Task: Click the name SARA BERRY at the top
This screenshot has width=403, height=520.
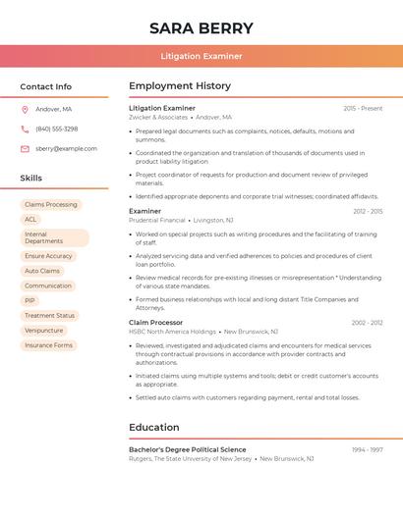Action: click(x=201, y=28)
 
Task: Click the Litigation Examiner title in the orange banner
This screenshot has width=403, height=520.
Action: click(x=201, y=56)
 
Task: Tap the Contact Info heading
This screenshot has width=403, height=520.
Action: click(x=46, y=86)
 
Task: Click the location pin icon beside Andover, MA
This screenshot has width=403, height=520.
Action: click(x=25, y=109)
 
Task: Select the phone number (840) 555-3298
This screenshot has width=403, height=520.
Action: click(x=56, y=129)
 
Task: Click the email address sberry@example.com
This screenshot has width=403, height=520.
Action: click(x=66, y=148)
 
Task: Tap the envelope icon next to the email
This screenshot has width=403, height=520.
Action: click(x=25, y=148)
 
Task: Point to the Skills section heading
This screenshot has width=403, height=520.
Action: click(x=31, y=178)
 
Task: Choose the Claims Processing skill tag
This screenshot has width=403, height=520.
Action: click(x=51, y=204)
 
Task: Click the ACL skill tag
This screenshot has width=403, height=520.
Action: click(x=30, y=219)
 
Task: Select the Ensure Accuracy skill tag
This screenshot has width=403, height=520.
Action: click(x=48, y=256)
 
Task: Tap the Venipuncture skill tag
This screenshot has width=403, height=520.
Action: click(x=44, y=331)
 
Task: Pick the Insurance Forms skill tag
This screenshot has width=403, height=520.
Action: click(x=49, y=345)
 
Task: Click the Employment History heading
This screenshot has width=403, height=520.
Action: click(x=180, y=86)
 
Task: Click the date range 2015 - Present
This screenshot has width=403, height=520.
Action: click(x=363, y=108)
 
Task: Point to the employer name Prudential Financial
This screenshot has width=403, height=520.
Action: click(x=157, y=221)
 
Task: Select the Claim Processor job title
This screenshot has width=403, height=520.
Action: click(x=156, y=322)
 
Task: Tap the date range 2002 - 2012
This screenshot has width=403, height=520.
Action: click(x=367, y=322)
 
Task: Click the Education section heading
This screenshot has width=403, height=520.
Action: click(x=154, y=427)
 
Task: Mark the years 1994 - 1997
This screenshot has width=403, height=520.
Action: click(x=367, y=449)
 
